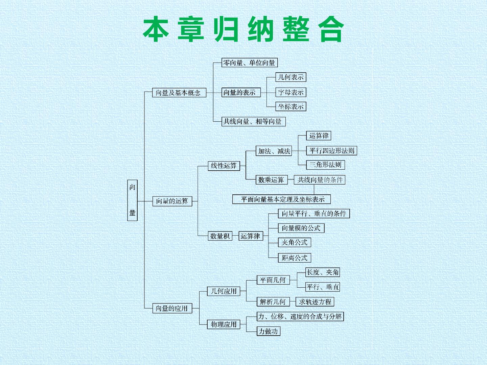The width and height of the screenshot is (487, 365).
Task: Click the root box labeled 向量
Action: click(x=132, y=200)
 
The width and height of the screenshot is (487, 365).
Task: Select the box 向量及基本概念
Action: click(x=179, y=93)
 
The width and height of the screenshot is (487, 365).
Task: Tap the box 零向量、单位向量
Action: click(x=250, y=63)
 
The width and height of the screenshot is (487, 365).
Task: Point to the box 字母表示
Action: click(x=291, y=92)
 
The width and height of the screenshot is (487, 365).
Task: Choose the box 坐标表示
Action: click(x=291, y=106)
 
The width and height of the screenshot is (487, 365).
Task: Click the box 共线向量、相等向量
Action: click(x=254, y=121)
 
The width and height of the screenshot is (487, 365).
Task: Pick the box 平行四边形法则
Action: click(x=331, y=151)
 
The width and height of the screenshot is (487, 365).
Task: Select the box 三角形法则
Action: click(x=325, y=165)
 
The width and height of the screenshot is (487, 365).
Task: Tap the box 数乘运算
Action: click(x=272, y=180)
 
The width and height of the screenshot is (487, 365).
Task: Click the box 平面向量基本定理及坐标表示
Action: click(x=281, y=199)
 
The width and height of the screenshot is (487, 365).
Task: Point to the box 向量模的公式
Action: click(x=301, y=228)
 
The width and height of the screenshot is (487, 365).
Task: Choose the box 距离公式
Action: click(x=295, y=258)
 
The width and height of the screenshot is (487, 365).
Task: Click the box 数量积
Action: click(x=220, y=236)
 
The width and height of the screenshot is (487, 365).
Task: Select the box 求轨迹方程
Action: click(x=315, y=301)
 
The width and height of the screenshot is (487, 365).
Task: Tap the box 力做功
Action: click(x=269, y=331)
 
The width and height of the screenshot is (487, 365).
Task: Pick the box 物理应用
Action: click(x=224, y=324)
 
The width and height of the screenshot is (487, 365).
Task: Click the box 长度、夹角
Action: click(x=323, y=272)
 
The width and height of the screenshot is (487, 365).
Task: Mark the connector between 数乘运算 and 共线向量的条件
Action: click(x=291, y=180)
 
